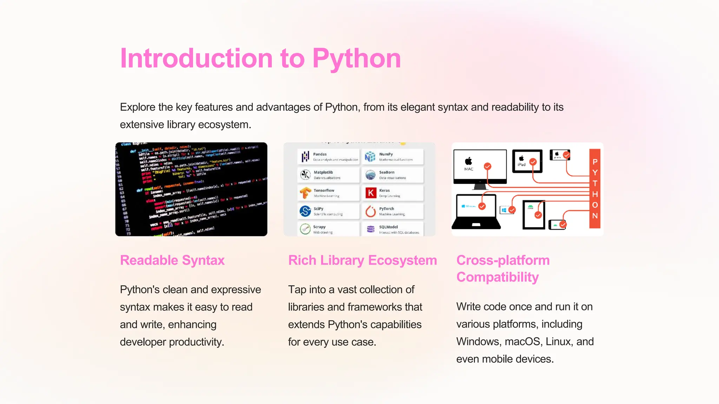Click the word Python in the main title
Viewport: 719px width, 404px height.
(x=356, y=59)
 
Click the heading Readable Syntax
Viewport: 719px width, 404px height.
(x=172, y=261)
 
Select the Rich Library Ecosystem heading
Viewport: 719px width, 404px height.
(x=362, y=261)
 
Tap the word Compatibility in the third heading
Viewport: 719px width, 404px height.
(x=497, y=277)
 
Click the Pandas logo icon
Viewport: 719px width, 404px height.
(x=305, y=156)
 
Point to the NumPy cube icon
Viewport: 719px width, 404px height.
(x=370, y=156)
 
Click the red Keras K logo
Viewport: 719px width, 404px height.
(x=371, y=193)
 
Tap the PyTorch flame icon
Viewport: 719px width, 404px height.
(x=371, y=211)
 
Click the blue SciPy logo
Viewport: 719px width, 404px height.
(x=305, y=211)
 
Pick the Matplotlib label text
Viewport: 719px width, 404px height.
(x=323, y=172)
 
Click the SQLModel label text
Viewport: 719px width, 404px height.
(x=388, y=227)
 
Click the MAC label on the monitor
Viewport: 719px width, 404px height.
(x=469, y=169)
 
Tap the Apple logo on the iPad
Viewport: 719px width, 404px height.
(x=522, y=159)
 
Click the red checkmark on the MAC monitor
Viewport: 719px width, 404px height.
(x=487, y=166)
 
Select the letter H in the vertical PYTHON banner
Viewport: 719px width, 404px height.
(x=595, y=194)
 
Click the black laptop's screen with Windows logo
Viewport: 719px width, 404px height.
(x=475, y=207)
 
